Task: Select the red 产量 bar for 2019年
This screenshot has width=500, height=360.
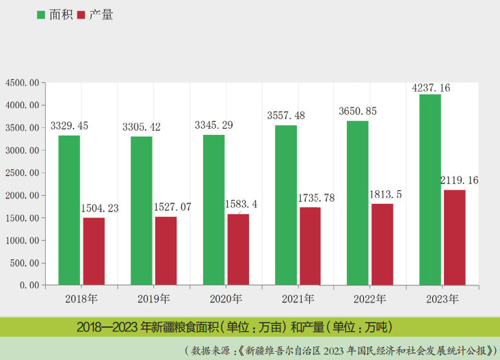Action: [166, 250]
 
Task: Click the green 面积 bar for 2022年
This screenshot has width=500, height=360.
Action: [358, 203]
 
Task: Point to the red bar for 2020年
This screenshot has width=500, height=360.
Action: [238, 249]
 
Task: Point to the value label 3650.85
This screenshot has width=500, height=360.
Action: [358, 111]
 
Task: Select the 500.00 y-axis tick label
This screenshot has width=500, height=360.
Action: [25, 263]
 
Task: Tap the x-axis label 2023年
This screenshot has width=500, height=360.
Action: [442, 298]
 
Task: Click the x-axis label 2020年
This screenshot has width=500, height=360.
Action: [226, 298]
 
